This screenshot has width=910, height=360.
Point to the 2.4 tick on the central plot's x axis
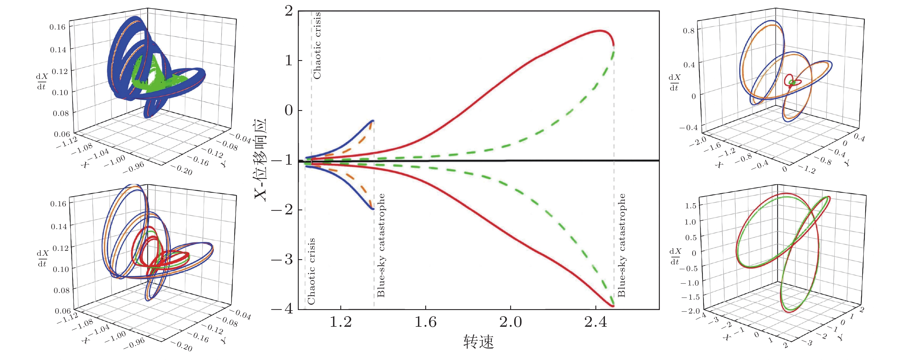point(596,322)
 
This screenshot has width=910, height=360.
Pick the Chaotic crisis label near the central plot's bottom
point(311,271)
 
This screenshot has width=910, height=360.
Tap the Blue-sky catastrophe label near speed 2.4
point(621,245)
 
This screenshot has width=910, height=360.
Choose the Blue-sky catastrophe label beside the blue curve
point(381,245)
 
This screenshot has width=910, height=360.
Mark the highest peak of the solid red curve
point(600,31)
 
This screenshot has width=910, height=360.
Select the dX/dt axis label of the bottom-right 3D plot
point(675,257)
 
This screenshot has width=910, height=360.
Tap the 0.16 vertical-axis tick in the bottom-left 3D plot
point(58,204)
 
